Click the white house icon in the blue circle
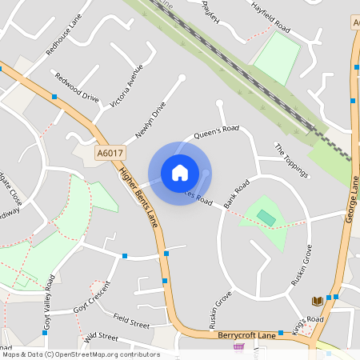180,173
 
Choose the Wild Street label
101,337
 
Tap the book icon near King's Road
317,301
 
